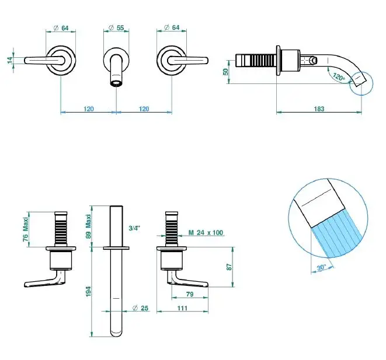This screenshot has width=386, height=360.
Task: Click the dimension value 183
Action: click(319, 109)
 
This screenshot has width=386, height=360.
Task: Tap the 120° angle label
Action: click(338, 76)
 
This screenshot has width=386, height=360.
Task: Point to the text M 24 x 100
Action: click(206, 233)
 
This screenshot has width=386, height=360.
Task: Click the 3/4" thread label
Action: click(134, 228)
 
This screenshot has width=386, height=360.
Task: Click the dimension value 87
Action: click(231, 265)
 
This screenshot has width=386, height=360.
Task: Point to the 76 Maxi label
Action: click(25, 230)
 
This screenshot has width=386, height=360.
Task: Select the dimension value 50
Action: click(227, 71)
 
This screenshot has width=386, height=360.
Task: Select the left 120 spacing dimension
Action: click(89, 109)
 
